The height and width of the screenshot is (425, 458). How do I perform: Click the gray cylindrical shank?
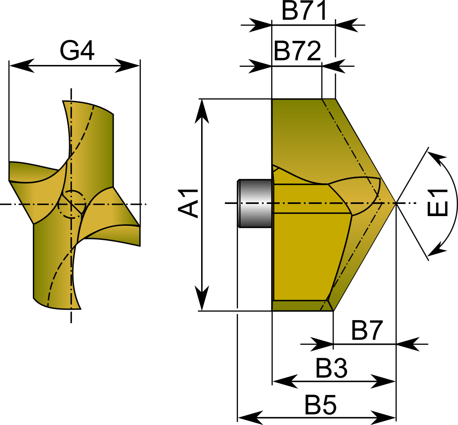(255, 203)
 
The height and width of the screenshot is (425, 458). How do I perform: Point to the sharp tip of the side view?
(395, 203)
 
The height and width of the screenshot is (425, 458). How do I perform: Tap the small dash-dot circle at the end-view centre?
(71, 204)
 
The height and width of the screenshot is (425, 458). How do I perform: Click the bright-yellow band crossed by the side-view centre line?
(310, 199)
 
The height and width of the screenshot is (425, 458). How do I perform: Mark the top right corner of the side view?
(335, 100)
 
